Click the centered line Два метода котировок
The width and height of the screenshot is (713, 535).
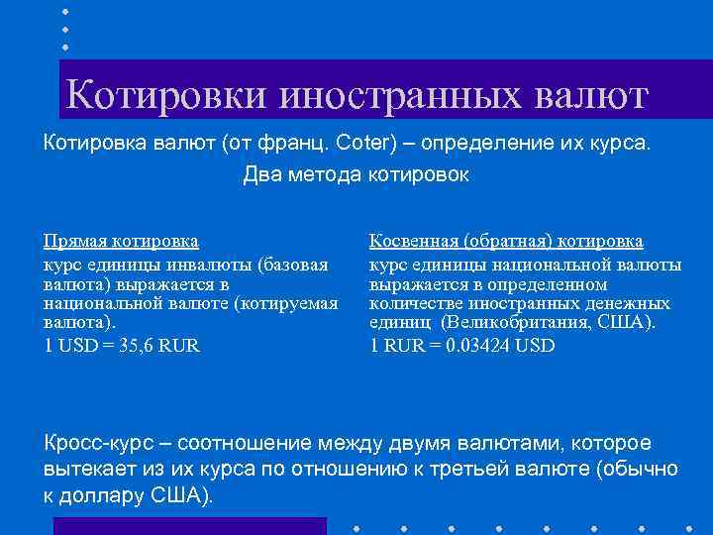tap(356, 176)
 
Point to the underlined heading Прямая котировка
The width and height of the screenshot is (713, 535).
tap(121, 241)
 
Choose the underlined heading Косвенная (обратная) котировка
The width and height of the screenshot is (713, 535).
tap(506, 241)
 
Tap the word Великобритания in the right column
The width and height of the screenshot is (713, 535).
tap(515, 323)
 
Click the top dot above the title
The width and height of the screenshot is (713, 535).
tap(65, 11)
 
